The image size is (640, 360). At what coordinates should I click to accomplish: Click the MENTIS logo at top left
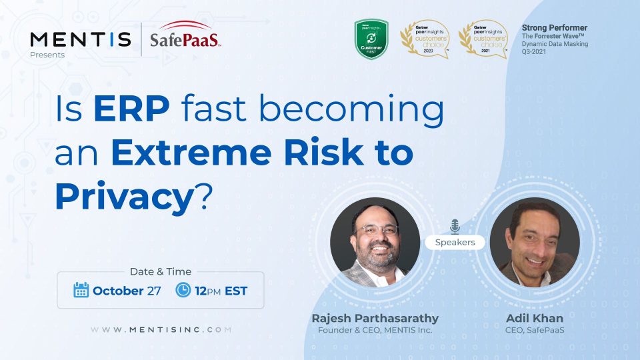[80, 39]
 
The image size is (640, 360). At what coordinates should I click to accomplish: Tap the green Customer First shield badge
[371, 39]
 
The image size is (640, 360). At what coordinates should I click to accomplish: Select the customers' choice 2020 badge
[424, 39]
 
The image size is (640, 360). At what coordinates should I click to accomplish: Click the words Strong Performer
[554, 28]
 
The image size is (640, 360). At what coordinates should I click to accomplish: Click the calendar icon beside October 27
[81, 290]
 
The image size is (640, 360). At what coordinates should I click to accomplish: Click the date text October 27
[127, 291]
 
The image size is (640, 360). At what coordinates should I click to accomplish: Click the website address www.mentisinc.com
[161, 329]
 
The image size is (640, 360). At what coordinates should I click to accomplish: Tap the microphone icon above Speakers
[455, 226]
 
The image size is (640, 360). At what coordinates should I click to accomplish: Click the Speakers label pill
[455, 242]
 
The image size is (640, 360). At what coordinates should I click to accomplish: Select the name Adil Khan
[535, 319]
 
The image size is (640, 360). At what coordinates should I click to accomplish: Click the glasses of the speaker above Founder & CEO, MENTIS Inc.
[376, 229]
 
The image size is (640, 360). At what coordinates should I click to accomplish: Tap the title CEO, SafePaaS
[535, 331]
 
